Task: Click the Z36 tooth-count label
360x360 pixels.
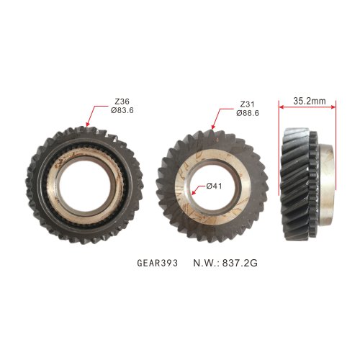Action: [122, 102]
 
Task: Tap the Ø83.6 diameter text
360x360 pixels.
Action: [122, 110]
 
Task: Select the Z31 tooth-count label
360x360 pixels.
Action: [247, 104]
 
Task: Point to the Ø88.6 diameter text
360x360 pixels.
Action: [248, 113]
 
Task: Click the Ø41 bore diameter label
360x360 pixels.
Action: [214, 186]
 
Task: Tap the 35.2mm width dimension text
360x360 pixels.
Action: [310, 101]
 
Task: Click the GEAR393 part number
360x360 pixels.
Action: [158, 263]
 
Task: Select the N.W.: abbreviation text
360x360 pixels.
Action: [207, 263]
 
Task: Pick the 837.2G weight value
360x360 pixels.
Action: [240, 263]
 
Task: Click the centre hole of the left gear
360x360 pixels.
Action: [84, 185]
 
